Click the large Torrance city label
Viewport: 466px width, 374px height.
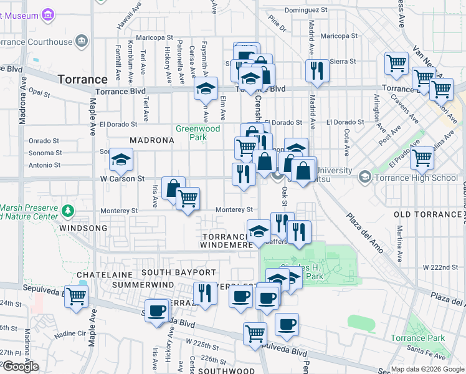[83, 79]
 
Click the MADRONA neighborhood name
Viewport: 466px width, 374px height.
[151, 140]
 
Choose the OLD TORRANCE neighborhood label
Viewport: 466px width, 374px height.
[427, 214]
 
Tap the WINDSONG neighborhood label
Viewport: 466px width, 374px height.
[83, 229]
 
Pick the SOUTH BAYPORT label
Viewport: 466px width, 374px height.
[178, 272]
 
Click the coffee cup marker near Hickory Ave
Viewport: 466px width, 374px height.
[157, 310]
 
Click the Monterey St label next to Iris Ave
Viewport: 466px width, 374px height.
[117, 211]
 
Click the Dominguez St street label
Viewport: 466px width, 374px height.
[305, 10]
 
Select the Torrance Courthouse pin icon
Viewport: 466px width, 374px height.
[81, 42]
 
